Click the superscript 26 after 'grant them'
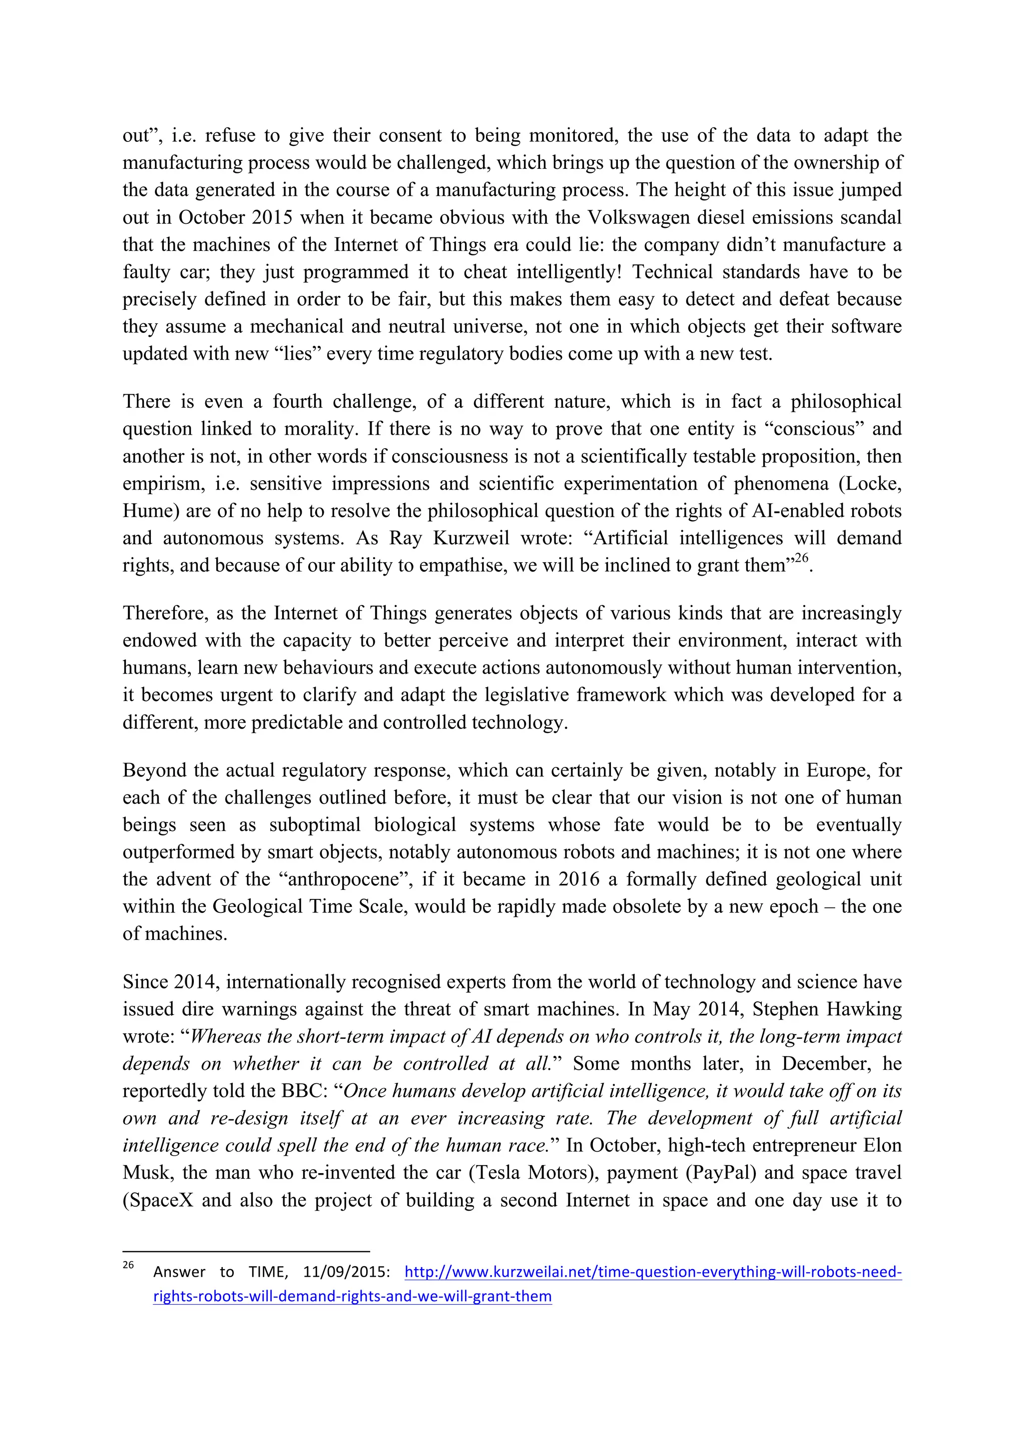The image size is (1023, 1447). (801, 558)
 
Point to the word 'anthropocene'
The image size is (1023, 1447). (343, 879)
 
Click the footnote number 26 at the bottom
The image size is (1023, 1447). (128, 1265)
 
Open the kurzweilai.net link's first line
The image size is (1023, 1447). (652, 1272)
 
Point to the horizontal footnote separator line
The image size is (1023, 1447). (246, 1252)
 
